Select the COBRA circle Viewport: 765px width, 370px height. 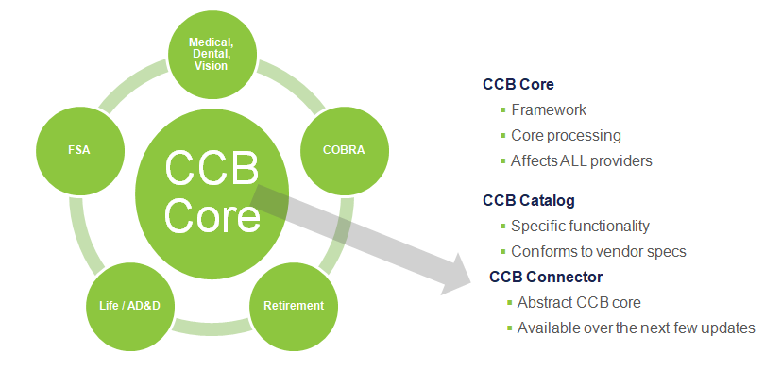click(x=344, y=150)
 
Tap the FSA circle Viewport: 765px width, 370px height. click(x=79, y=150)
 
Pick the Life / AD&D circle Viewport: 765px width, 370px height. click(x=129, y=306)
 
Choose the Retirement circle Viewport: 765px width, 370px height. click(x=294, y=306)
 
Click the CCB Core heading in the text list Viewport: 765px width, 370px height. click(x=518, y=84)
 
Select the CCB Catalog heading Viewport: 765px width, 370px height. click(x=528, y=200)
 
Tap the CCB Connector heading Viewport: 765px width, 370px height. click(x=546, y=277)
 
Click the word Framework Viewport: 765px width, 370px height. click(x=549, y=109)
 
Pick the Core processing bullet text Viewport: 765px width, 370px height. click(x=566, y=136)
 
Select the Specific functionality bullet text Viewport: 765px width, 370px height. click(x=580, y=227)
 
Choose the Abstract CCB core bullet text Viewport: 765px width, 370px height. click(x=579, y=302)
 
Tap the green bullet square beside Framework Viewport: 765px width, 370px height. click(x=503, y=110)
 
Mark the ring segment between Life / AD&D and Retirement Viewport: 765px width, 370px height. click(x=212, y=327)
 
